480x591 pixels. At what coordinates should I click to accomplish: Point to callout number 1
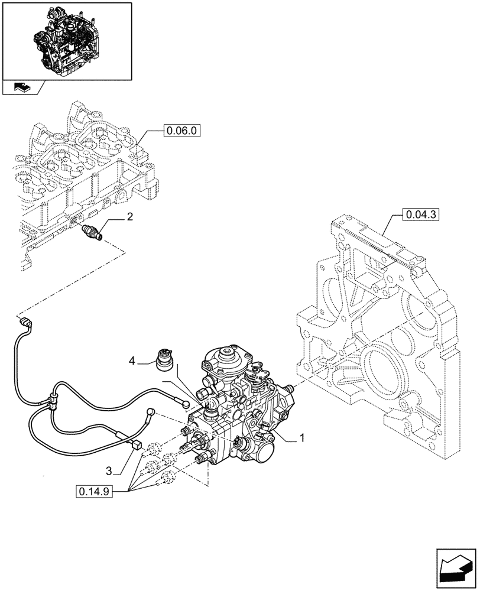click(302, 438)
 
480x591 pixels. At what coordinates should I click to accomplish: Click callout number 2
click(129, 217)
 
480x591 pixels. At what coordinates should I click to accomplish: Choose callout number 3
click(109, 470)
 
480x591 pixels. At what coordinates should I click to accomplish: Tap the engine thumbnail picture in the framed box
click(67, 41)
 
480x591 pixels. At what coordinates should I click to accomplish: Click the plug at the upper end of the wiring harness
click(25, 322)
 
